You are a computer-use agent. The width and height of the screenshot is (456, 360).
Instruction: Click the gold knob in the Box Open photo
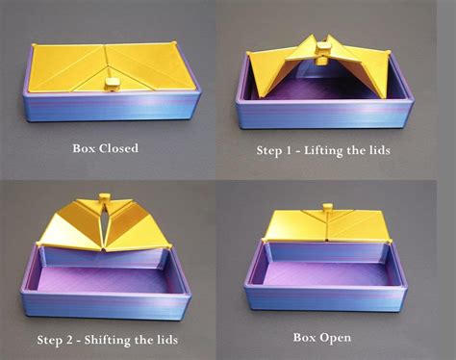click(x=327, y=209)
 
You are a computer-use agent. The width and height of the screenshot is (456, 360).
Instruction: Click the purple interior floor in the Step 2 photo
click(x=106, y=274)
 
